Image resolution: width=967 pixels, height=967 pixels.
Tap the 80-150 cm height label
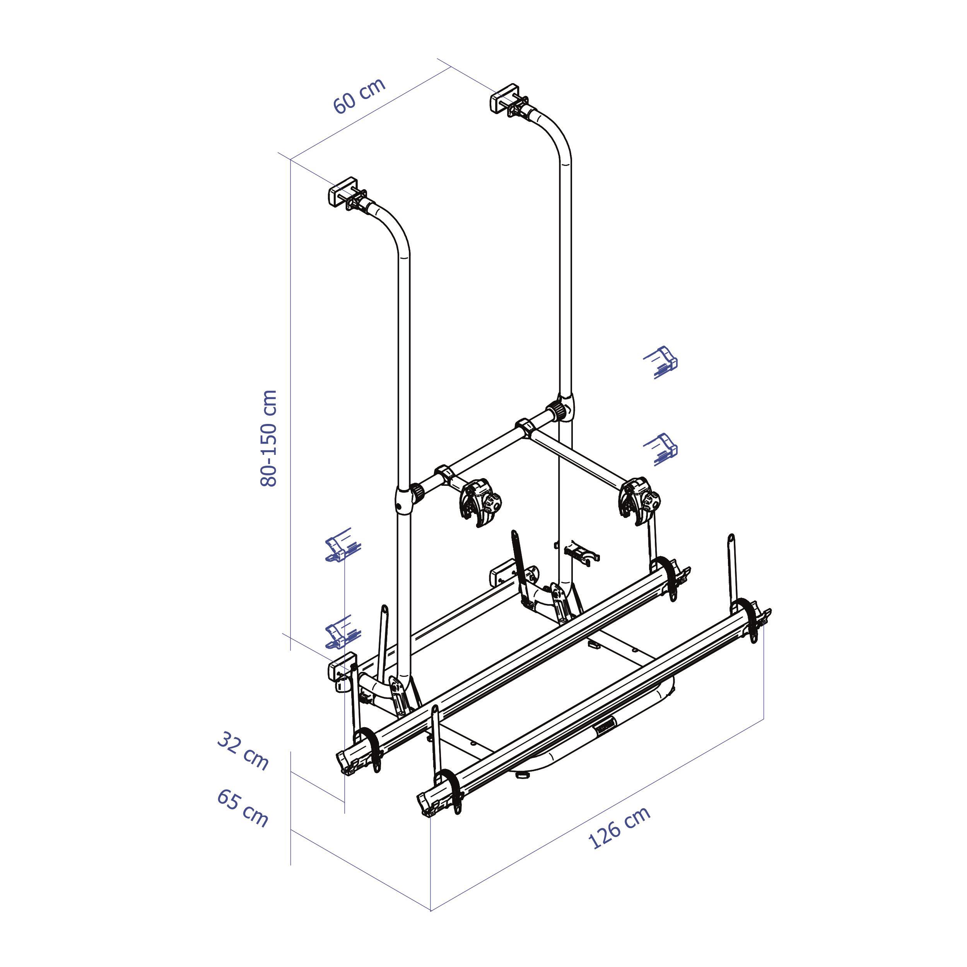(269, 437)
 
